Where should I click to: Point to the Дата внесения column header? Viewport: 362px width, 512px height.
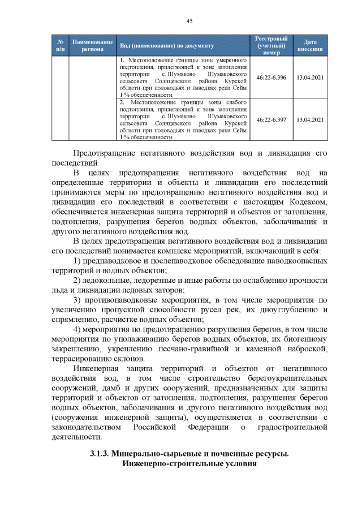click(x=310, y=45)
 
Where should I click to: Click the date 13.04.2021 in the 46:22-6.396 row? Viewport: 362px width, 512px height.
click(x=310, y=78)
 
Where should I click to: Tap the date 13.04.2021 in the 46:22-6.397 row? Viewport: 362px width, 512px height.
click(x=310, y=119)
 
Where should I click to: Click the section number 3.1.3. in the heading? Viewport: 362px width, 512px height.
click(x=100, y=454)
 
